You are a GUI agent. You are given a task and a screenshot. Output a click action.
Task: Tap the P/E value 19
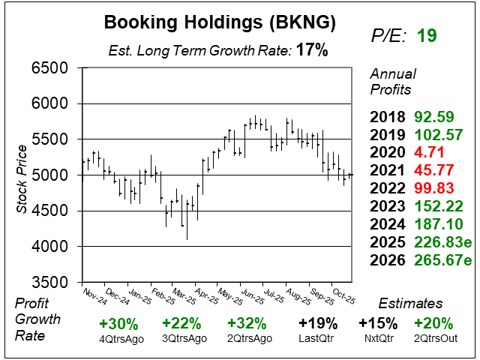[427, 35]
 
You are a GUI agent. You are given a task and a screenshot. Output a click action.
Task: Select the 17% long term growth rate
[311, 51]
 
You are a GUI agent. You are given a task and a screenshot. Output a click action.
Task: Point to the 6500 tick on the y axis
[49, 68]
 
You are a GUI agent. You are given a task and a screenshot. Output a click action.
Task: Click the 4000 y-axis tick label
[49, 247]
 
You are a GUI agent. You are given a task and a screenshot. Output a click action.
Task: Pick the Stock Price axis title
[22, 175]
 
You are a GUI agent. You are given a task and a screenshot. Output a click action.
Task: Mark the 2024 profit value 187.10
[439, 225]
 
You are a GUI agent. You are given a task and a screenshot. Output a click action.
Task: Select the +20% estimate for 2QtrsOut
[433, 324]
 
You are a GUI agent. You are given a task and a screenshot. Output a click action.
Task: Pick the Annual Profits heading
[391, 82]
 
